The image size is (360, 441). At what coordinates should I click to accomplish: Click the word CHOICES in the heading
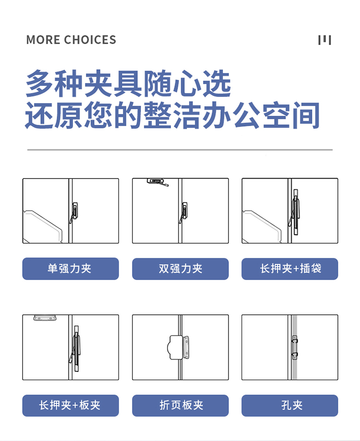point(90,40)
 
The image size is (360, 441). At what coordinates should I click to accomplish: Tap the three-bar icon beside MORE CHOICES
point(324,40)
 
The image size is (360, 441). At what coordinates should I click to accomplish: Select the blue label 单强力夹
point(71,269)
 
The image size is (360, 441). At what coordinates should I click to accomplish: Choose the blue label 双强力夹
point(180,269)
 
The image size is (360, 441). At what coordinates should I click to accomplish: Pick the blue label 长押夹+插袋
point(290,269)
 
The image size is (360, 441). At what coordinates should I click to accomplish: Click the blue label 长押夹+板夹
point(71,405)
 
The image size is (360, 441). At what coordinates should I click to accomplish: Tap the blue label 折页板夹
point(180,405)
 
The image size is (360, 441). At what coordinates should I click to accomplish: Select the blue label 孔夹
point(290,405)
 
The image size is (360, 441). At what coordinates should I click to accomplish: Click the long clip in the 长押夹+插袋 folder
point(295,212)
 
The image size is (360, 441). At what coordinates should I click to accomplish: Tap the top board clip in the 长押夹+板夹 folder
point(45,318)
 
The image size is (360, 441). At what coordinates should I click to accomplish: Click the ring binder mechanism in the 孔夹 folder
point(294,347)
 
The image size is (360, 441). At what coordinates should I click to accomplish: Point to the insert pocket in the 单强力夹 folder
point(43,226)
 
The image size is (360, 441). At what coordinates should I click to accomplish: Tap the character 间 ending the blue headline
point(306,115)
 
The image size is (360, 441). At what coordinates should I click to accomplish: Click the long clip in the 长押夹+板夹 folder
point(75,348)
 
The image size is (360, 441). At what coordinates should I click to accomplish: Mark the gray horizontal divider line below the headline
point(180,150)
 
